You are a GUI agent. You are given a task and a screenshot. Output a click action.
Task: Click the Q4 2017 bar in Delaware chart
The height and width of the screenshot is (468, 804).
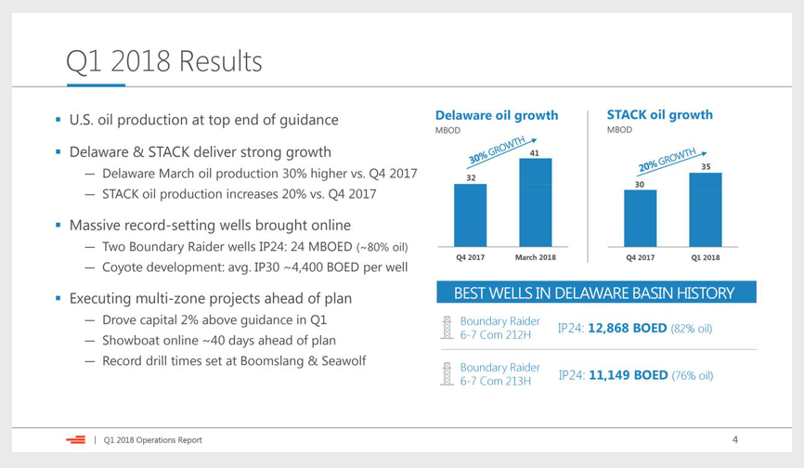[470, 215]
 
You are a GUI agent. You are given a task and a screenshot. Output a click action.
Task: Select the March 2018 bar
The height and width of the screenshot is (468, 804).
[536, 202]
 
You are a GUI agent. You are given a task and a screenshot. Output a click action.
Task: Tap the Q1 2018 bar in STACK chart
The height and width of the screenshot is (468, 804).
[706, 210]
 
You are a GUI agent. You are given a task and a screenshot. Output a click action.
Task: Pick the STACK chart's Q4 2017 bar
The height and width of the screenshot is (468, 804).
[640, 218]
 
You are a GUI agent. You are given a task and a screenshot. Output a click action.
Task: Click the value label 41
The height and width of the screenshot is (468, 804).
[534, 153]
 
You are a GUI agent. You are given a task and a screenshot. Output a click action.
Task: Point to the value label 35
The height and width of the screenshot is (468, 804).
[707, 166]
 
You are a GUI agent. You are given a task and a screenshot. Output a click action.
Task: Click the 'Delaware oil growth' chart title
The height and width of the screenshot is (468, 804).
[497, 115]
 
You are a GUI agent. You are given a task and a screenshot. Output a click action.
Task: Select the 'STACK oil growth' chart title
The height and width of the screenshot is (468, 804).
[659, 115]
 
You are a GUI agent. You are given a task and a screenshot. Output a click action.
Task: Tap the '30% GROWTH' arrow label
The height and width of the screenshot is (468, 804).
[498, 150]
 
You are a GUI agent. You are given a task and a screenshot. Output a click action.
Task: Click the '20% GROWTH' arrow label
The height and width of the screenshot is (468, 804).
[668, 160]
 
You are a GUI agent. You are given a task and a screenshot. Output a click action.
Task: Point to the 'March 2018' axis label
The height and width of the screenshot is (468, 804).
[536, 257]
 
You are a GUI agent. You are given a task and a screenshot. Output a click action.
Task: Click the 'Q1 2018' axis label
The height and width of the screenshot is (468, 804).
[706, 257]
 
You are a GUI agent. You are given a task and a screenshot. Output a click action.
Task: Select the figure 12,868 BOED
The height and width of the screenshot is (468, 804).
[627, 328]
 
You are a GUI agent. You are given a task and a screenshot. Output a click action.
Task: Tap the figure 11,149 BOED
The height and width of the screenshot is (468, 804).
[629, 375]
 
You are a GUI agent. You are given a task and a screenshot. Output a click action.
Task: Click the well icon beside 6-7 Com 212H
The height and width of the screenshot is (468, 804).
[447, 328]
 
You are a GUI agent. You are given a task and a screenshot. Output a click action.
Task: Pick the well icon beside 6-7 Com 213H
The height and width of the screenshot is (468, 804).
[447, 373]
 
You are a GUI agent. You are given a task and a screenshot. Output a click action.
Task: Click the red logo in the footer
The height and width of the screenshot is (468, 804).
[76, 439]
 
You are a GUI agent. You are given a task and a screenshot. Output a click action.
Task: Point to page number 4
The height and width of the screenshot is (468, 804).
[734, 439]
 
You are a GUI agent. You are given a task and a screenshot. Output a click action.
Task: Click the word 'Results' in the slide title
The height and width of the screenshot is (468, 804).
[220, 61]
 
